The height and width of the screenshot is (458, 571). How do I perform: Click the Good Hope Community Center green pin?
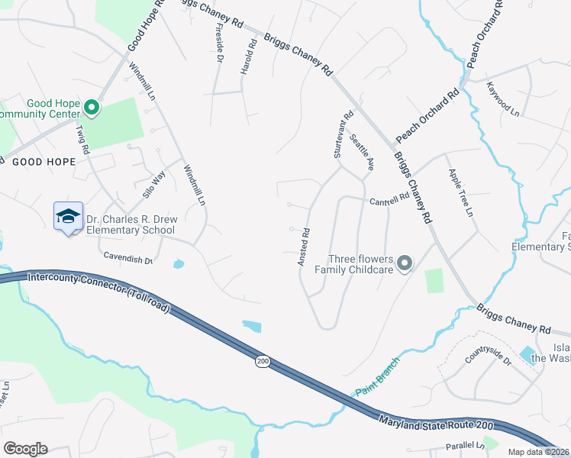tap(92, 108)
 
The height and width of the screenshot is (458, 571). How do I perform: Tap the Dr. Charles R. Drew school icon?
tap(68, 216)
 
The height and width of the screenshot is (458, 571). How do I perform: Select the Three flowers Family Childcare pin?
tap(405, 264)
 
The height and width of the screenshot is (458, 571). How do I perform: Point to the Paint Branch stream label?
tap(376, 376)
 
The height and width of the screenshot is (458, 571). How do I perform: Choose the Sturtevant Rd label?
tap(343, 135)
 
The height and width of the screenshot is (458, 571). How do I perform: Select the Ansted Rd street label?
tap(304, 247)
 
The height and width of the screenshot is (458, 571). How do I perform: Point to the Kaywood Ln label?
tap(504, 99)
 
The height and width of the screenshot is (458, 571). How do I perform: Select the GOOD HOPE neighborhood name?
tap(44, 162)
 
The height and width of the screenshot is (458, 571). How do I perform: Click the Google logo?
tap(24, 449)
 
